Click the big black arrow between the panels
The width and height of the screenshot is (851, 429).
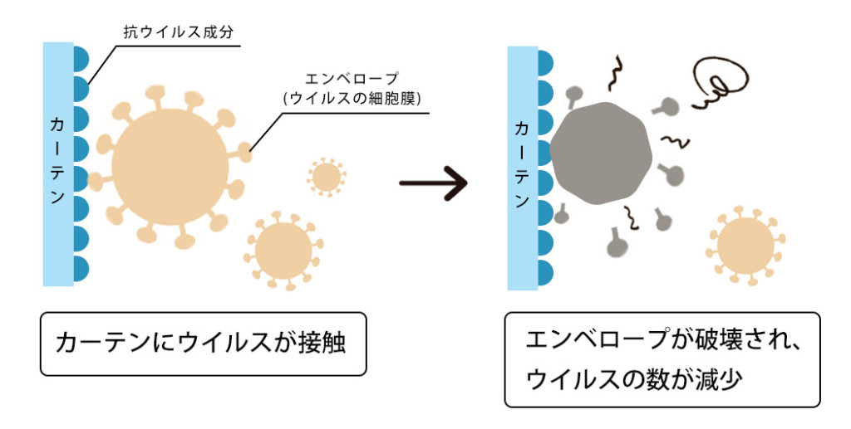tap(432, 183)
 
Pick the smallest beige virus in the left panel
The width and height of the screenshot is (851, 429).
tap(326, 176)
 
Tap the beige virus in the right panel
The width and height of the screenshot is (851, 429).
tap(744, 246)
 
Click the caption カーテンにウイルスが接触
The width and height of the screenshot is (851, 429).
tap(204, 343)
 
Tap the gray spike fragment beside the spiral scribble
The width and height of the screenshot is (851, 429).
tap(665, 106)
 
